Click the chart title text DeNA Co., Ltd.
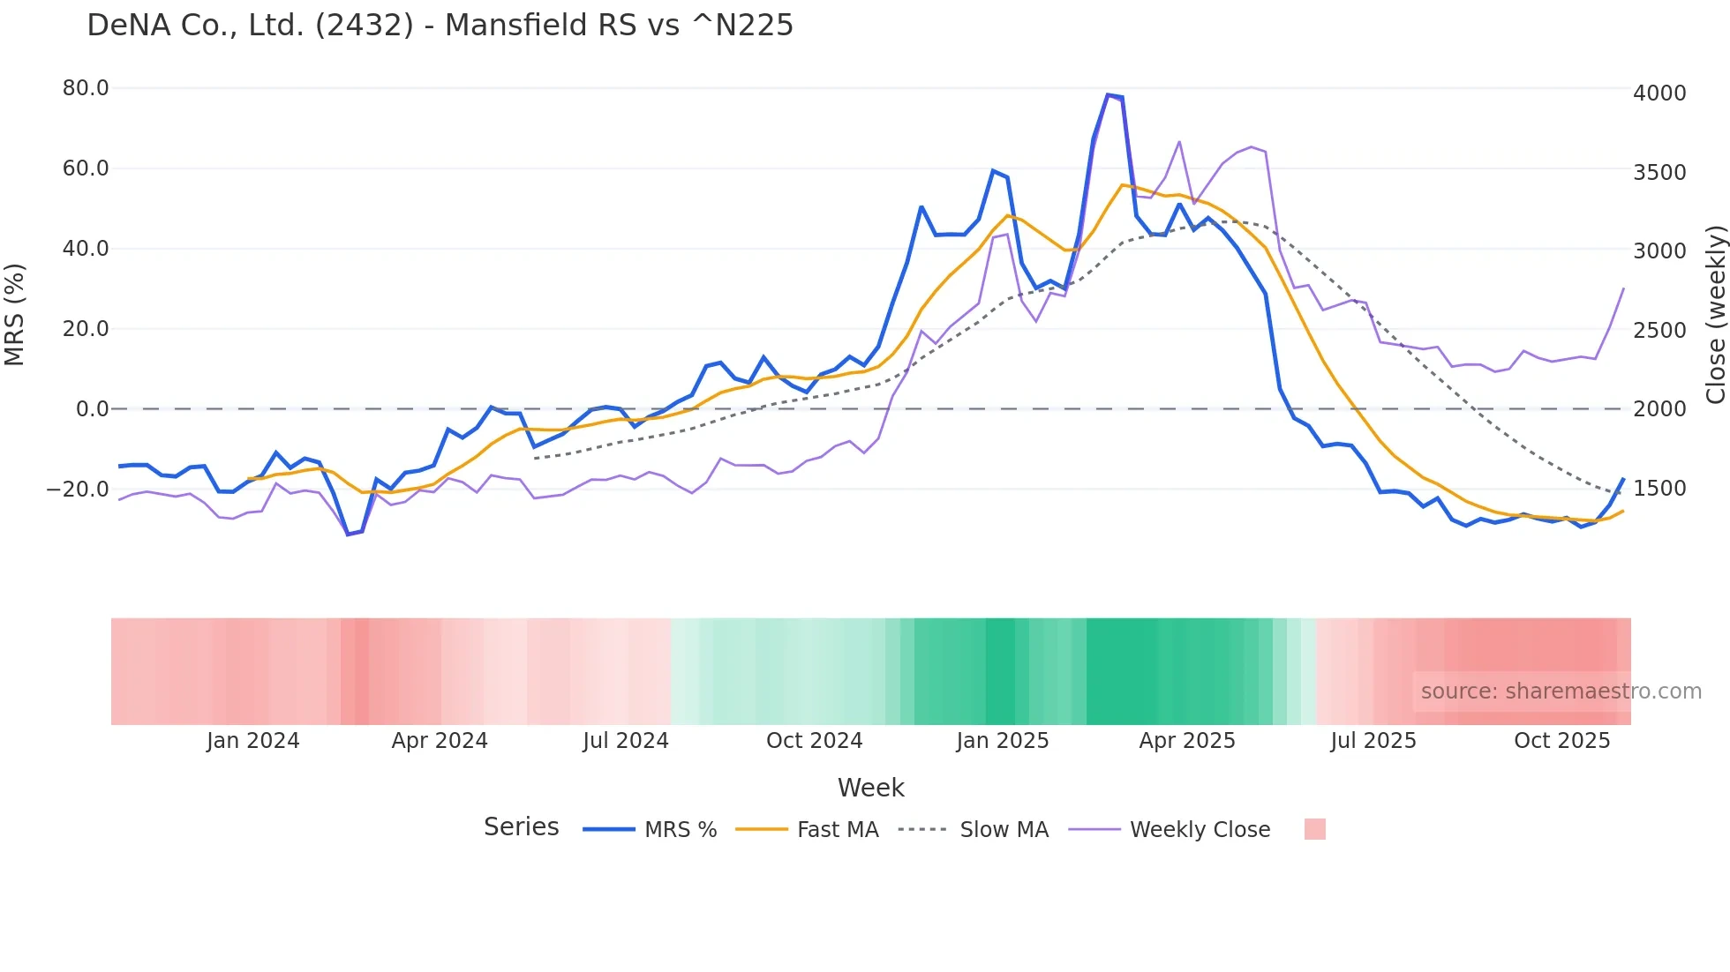tap(440, 26)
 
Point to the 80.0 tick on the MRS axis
tap(86, 88)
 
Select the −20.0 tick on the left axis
tap(78, 489)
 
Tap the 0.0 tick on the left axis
tap(92, 409)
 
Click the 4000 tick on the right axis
tap(1659, 93)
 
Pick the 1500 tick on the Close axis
tap(1659, 488)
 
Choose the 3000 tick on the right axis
tap(1659, 250)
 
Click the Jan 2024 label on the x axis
tap(253, 741)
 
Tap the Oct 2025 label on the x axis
tap(1561, 741)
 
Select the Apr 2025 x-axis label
tap(1186, 741)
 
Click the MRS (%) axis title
tap(15, 314)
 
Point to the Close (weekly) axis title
tap(1715, 314)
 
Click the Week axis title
tap(870, 788)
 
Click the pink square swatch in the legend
tap(1314, 829)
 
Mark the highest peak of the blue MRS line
tap(1108, 94)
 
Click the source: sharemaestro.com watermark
tap(1561, 692)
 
